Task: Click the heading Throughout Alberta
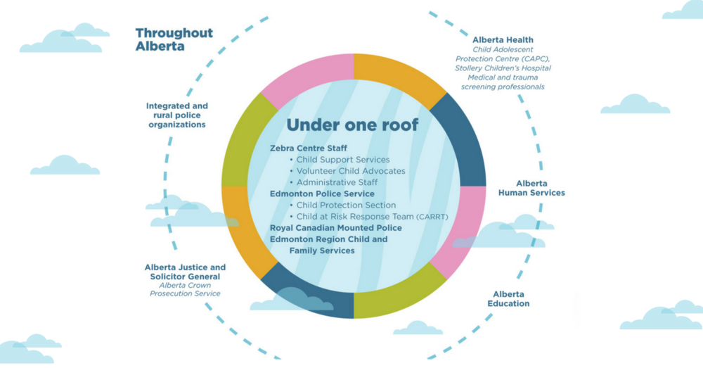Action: point(174,39)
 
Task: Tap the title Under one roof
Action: point(352,125)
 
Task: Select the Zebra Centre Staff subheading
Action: point(309,148)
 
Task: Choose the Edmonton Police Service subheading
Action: point(322,194)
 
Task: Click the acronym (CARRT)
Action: point(432,217)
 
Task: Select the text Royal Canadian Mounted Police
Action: point(336,228)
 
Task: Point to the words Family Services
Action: point(322,250)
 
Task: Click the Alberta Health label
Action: point(503,40)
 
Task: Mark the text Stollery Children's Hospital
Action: point(503,68)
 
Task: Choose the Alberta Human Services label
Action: point(531,188)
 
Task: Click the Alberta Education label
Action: point(508,299)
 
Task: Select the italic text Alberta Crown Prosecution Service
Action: point(185,289)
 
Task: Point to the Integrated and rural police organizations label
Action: point(177,115)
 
